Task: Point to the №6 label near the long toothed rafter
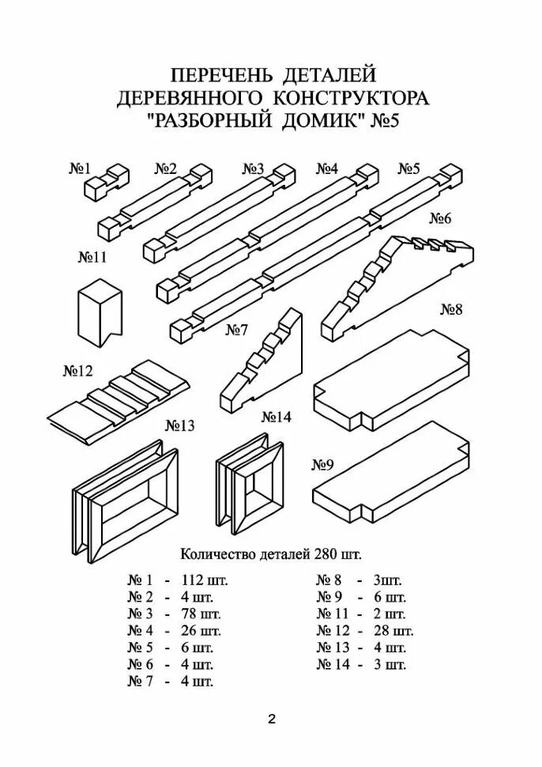(439, 218)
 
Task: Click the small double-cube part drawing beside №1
(105, 181)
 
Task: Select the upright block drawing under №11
(100, 312)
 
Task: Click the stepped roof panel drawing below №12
(121, 399)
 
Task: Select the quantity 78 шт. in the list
(201, 614)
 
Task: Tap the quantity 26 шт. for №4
(201, 630)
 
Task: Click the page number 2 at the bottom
(271, 720)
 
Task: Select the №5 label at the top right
(408, 168)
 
